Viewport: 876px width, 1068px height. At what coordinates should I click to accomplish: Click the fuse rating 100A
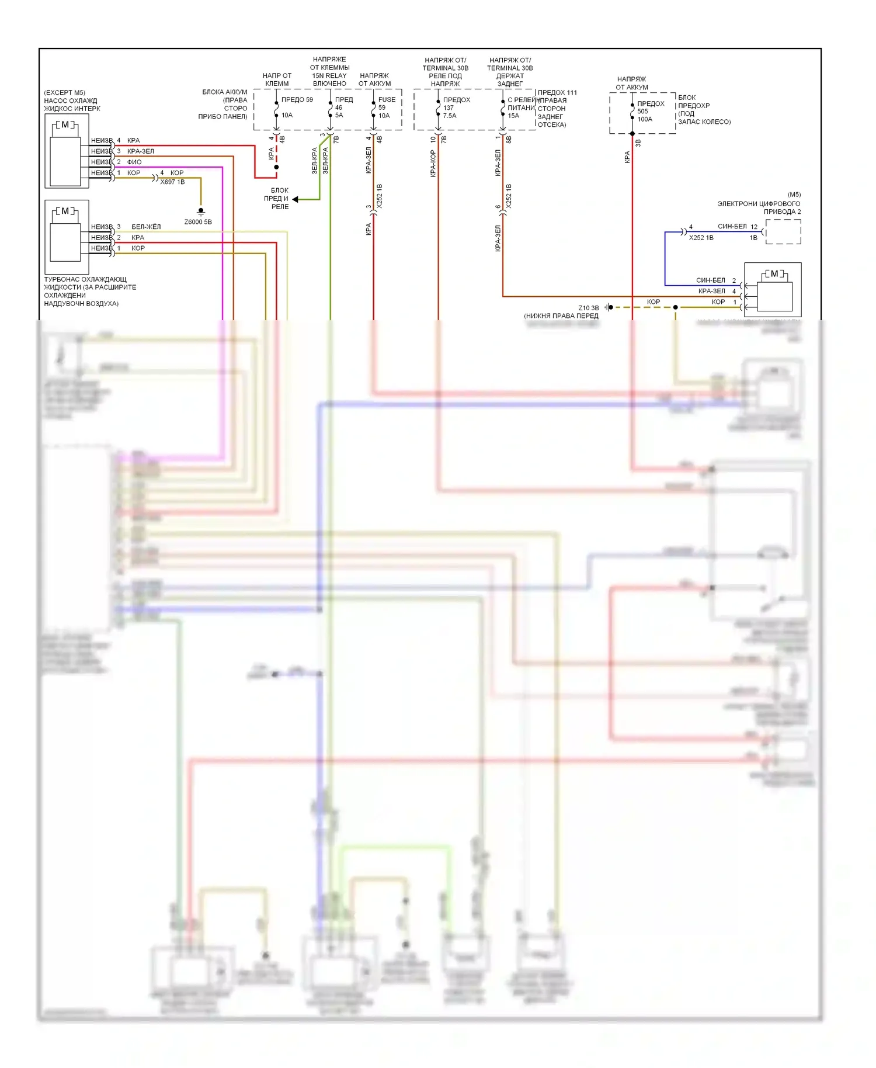click(x=645, y=119)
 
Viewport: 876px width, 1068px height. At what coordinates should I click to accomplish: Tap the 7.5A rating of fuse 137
click(x=450, y=116)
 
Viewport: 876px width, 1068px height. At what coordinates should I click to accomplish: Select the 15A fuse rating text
click(x=513, y=116)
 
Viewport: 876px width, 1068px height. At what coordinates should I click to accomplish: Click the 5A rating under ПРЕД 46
click(x=339, y=115)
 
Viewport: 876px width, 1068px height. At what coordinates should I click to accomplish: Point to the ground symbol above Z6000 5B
click(x=201, y=211)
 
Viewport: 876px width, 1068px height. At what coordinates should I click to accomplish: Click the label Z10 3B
click(x=589, y=308)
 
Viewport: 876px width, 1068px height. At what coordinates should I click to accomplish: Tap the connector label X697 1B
click(x=172, y=182)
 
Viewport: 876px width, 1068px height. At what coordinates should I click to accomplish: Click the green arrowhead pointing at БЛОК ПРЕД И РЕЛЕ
click(x=296, y=199)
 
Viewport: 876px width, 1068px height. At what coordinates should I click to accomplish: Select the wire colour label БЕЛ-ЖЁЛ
click(x=146, y=227)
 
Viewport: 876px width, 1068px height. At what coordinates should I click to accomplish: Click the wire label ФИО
click(x=134, y=162)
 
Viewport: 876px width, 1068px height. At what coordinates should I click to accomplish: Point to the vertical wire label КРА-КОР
click(x=433, y=164)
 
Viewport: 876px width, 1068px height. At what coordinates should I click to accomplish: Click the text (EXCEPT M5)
click(x=64, y=92)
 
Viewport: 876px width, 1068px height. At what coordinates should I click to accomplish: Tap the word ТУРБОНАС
click(x=61, y=279)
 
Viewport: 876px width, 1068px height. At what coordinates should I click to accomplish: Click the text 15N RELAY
click(x=329, y=75)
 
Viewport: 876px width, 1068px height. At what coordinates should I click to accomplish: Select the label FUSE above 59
click(x=387, y=99)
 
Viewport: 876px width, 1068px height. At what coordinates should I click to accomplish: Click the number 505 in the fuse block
click(x=642, y=111)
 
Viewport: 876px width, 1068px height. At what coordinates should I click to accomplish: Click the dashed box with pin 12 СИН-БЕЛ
click(x=783, y=232)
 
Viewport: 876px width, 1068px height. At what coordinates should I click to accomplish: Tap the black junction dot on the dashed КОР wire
click(x=676, y=307)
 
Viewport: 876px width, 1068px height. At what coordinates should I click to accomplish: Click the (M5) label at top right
click(x=794, y=195)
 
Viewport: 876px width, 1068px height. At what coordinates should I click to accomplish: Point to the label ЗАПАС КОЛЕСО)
click(x=704, y=122)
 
